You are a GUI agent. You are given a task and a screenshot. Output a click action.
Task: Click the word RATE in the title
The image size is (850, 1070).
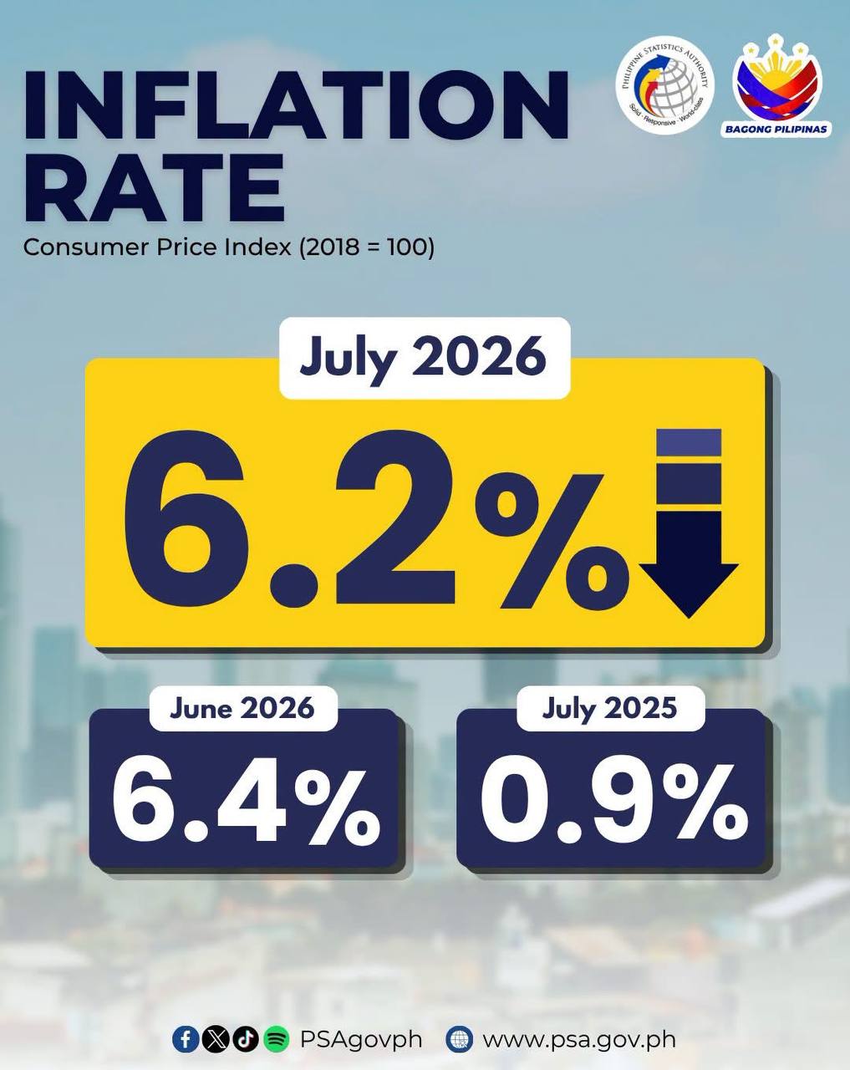point(155,189)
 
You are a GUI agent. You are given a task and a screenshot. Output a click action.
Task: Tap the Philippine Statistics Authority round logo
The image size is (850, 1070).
point(664,85)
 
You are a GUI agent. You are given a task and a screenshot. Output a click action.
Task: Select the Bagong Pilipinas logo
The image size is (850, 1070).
point(777,84)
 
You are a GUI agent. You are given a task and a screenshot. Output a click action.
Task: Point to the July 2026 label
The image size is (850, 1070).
point(424,358)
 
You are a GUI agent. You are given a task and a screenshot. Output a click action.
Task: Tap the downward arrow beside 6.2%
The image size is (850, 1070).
point(689,522)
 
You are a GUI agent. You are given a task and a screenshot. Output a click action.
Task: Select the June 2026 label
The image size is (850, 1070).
point(242,708)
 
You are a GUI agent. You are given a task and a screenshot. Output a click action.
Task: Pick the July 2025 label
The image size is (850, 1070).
point(609,708)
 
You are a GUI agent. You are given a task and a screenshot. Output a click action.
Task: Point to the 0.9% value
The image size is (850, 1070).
point(613,807)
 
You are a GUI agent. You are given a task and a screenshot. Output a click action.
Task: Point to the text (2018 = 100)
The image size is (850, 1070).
point(367,247)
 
